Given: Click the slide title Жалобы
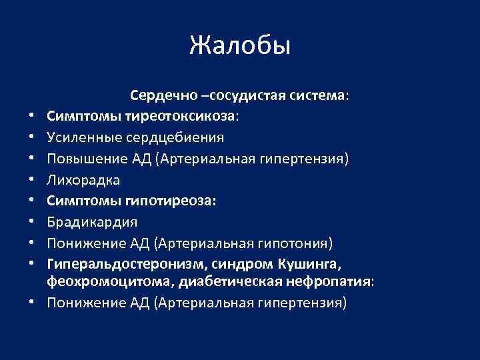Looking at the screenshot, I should pyautogui.click(x=240, y=46).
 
